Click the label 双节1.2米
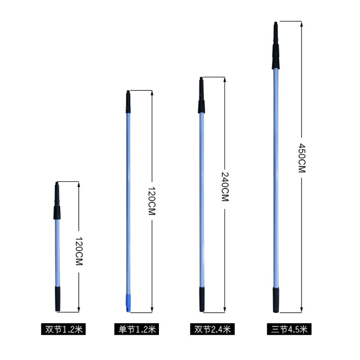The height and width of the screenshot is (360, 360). tap(63, 329)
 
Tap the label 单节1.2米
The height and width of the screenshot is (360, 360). tap(137, 329)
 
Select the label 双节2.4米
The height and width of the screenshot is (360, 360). tap(212, 329)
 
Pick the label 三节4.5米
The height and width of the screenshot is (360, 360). tap(289, 329)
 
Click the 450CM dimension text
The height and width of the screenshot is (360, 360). tap(301, 158)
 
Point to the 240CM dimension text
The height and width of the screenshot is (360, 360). tap(225, 187)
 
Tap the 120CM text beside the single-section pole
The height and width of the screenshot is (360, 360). tap(152, 201)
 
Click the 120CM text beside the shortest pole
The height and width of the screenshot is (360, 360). tap(79, 251)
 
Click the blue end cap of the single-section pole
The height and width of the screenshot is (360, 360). tap(128, 302)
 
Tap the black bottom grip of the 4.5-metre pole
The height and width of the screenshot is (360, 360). tap(276, 300)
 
